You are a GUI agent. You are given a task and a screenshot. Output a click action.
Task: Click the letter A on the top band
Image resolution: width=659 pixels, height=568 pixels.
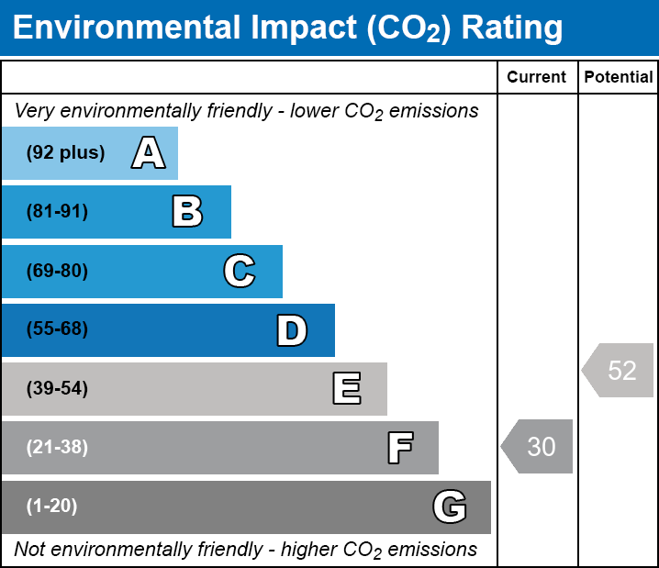148,153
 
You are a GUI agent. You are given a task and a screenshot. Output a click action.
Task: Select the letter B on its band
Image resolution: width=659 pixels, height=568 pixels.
187,212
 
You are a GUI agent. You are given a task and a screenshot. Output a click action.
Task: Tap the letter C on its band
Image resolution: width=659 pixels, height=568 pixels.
240,271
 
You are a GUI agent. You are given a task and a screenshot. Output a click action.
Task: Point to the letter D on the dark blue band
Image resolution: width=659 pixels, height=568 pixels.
292,330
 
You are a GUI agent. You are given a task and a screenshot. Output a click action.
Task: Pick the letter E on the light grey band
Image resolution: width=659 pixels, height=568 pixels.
346,389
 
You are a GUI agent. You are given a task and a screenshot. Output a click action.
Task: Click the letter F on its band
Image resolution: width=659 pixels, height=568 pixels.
399,448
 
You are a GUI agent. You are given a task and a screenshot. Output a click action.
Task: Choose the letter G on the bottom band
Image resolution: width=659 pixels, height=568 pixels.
450,507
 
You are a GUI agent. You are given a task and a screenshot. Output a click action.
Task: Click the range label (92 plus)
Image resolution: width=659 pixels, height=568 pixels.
65,153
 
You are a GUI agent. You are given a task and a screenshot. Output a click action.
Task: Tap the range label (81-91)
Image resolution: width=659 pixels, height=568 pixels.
57,212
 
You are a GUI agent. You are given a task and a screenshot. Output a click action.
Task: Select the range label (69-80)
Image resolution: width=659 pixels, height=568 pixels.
57,271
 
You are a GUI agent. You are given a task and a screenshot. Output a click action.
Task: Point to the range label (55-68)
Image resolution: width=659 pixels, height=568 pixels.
57,329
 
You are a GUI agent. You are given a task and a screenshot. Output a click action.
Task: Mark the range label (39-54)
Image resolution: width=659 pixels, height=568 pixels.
57,389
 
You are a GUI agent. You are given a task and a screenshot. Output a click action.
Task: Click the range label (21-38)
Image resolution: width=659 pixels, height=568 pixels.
57,448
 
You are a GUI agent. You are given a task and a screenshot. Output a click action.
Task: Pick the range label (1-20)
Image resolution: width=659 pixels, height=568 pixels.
52,507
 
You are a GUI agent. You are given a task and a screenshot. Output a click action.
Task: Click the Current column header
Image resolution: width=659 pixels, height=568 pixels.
537,78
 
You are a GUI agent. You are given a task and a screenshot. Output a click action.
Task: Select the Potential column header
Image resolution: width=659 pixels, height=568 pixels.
619,78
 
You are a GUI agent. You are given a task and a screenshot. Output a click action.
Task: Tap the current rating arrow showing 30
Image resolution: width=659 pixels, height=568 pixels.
539,447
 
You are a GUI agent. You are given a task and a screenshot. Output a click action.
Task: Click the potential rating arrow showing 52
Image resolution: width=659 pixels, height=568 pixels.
620,371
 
